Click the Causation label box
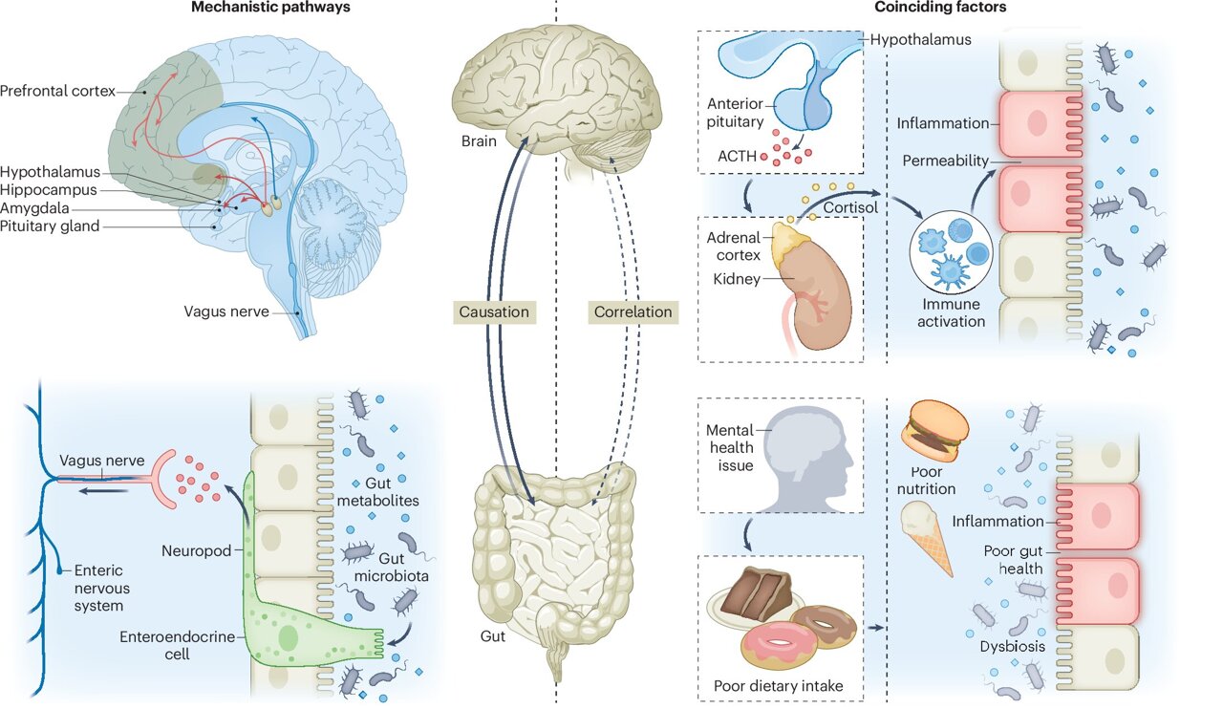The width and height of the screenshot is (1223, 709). click(493, 312)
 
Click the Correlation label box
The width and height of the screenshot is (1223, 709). click(633, 312)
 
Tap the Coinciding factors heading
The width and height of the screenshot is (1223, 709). click(940, 8)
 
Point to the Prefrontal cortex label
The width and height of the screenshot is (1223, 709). click(57, 92)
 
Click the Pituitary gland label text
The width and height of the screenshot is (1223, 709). click(50, 226)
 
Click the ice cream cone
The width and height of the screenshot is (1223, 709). click(928, 538)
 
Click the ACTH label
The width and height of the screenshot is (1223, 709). click(740, 156)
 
